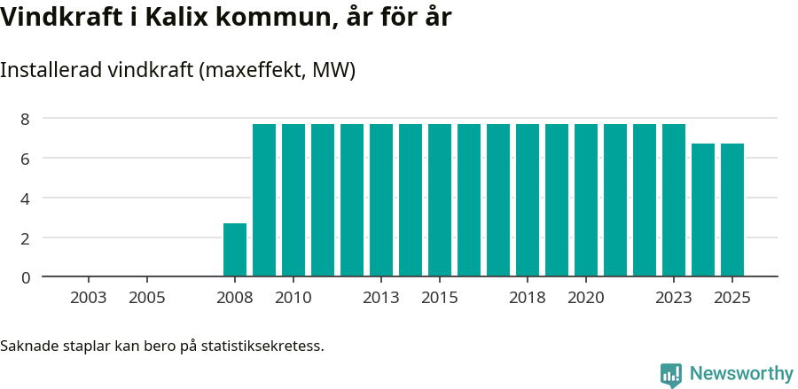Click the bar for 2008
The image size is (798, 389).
[x=235, y=250]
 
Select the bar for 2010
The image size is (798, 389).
[x=293, y=200]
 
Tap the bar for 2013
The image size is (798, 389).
[x=381, y=200]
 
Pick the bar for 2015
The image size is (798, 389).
[x=440, y=200]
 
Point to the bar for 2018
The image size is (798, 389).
[x=528, y=200]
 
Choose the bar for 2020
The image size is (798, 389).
[x=586, y=200]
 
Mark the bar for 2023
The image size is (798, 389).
[x=674, y=200]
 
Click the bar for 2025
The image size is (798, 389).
[x=732, y=210]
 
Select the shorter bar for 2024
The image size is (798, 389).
[x=703, y=210]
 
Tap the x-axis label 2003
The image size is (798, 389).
[x=89, y=298]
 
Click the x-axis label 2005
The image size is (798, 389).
[x=147, y=298]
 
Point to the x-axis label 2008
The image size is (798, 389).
[x=235, y=298]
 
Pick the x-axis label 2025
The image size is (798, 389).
[x=732, y=298]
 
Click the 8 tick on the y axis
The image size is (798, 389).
[x=26, y=119]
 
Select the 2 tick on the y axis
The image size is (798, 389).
[x=26, y=238]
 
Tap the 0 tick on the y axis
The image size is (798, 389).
[x=26, y=277]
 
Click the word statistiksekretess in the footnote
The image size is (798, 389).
[x=262, y=346]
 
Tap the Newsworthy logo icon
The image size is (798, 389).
[x=671, y=375]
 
